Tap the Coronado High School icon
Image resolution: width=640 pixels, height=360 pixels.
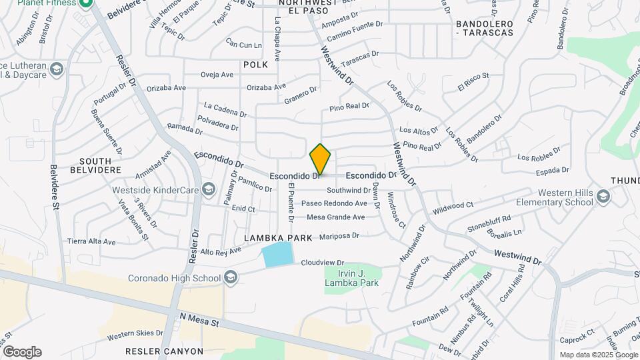click(x=231, y=277)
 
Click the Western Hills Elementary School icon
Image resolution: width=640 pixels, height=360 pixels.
click(x=603, y=197)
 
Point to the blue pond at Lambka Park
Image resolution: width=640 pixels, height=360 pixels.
click(x=278, y=255)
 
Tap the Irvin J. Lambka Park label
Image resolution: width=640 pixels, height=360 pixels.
click(x=351, y=278)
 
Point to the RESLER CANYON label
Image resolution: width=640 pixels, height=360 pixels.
click(x=164, y=351)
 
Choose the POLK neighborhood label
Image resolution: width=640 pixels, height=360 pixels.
click(x=255, y=65)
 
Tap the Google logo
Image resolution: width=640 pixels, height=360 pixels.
click(x=21, y=351)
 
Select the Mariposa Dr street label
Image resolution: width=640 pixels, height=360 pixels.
click(x=339, y=236)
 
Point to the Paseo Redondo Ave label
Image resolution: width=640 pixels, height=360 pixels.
click(x=334, y=203)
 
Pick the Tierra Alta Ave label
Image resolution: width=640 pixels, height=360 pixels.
click(x=91, y=241)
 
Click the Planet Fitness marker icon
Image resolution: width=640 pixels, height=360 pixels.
click(x=85, y=3)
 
